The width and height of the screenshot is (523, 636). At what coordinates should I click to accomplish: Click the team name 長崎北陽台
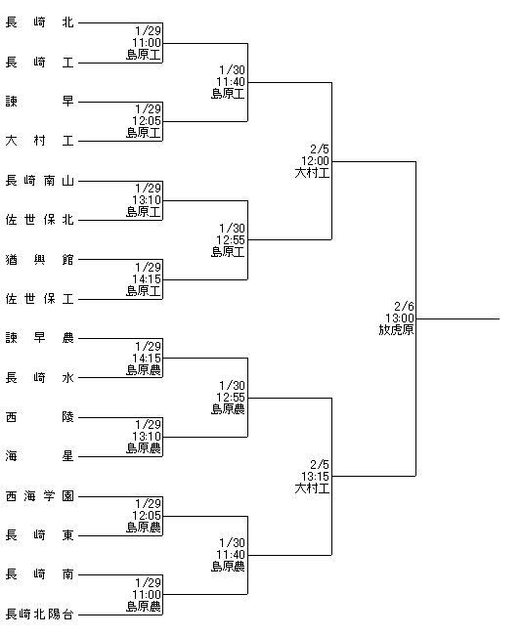[x=39, y=614]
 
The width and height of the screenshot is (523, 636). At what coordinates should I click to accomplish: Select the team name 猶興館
[x=39, y=259]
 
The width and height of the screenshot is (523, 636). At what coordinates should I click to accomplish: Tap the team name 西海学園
[x=39, y=495]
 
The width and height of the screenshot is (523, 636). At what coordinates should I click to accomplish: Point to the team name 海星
[x=39, y=456]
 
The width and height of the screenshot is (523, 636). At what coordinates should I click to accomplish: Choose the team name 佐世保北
[x=39, y=220]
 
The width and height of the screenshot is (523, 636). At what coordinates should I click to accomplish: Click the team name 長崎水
[x=39, y=378]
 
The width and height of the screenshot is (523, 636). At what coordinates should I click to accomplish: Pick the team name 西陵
[x=39, y=417]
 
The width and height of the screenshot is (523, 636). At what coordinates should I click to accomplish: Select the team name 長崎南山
[x=39, y=181]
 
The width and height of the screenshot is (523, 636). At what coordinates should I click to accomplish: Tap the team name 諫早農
[x=39, y=338]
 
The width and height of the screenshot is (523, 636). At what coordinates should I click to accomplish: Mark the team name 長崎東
[x=39, y=535]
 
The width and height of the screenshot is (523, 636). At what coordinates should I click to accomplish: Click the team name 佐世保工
[x=39, y=299]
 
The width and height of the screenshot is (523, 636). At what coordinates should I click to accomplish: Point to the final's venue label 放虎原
[x=396, y=330]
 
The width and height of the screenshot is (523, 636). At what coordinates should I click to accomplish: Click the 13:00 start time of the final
[x=399, y=318]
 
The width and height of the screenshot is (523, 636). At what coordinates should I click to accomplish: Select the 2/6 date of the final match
[x=404, y=306]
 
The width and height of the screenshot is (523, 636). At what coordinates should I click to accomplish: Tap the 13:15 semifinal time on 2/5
[x=315, y=476]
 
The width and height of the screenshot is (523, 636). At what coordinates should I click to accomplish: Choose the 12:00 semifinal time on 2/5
[x=315, y=160]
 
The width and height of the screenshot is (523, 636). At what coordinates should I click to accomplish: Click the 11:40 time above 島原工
[x=231, y=82]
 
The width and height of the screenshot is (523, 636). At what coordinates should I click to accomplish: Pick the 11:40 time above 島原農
[x=231, y=555]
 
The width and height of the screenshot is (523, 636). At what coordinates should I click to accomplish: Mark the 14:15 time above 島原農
[x=147, y=359]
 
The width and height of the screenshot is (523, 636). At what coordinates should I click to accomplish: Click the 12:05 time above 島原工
[x=147, y=121]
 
